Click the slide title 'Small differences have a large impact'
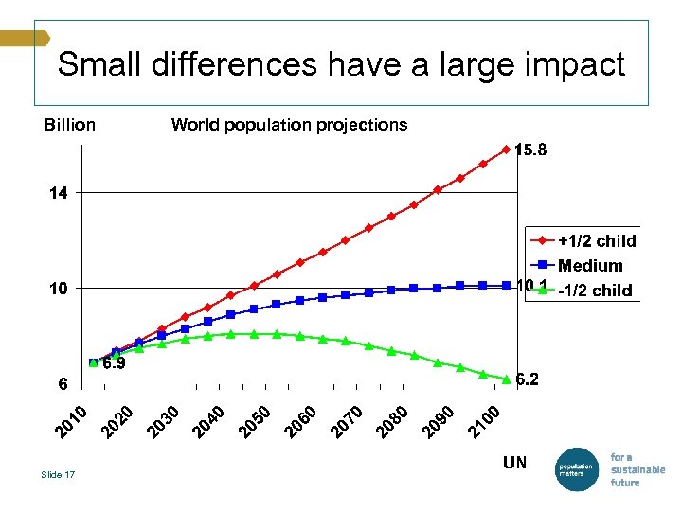(341, 64)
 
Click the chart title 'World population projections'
(289, 125)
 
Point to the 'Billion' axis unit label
(69, 125)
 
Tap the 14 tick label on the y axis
(59, 193)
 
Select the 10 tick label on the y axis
(59, 288)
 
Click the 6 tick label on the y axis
(62, 384)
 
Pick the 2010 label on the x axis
(71, 421)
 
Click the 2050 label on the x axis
(256, 421)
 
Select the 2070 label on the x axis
(349, 421)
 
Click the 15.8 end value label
(530, 150)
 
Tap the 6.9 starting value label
(114, 363)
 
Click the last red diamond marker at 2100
(506, 150)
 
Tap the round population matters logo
(575, 468)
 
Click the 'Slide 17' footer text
(58, 474)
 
